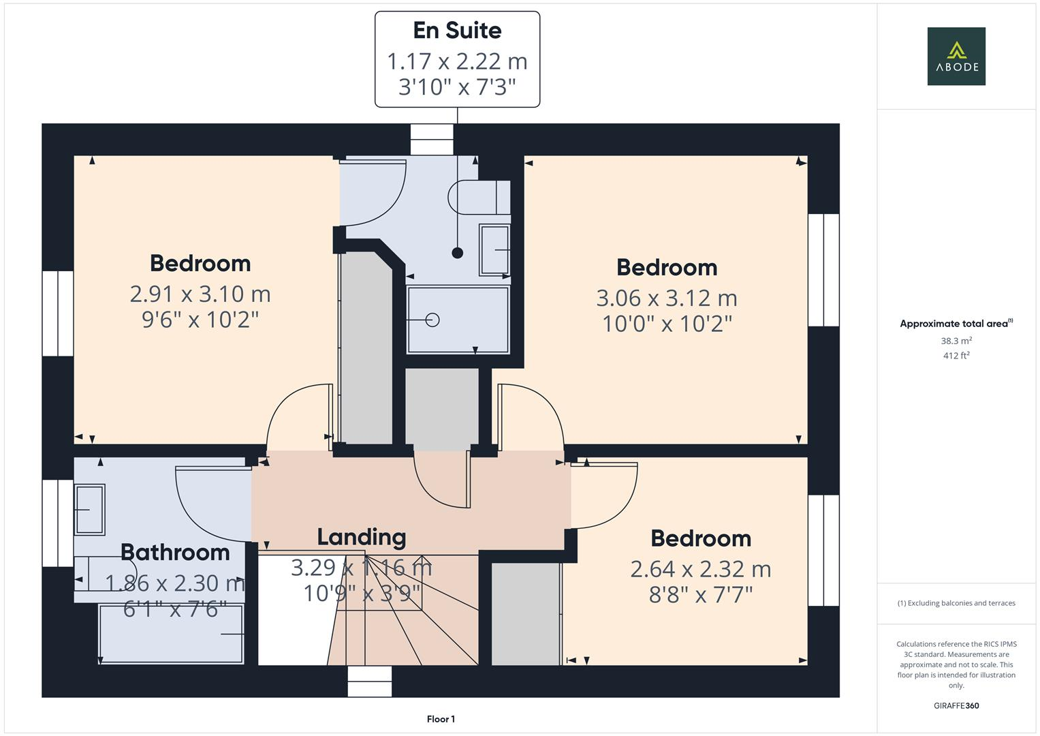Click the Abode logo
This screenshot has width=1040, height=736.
point(956,56)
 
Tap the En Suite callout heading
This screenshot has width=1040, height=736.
point(457,31)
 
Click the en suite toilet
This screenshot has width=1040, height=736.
point(479,198)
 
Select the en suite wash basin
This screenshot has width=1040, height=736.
point(494,249)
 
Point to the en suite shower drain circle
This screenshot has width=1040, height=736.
point(432,320)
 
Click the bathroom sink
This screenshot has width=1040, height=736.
point(89,509)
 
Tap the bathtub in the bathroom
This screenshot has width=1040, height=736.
point(172,634)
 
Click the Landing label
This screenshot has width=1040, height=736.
point(361,537)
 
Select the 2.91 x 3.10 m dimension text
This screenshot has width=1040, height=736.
point(200,294)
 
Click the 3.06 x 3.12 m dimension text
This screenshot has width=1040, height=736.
point(667,298)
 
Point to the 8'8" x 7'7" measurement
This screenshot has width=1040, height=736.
point(700,595)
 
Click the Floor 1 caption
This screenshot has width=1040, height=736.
point(441,719)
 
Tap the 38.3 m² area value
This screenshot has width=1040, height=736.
point(956,341)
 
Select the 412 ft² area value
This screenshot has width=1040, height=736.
point(956,356)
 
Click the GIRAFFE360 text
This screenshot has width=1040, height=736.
point(956,706)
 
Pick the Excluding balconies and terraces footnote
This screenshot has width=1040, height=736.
point(956,603)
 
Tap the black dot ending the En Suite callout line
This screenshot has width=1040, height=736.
point(458,253)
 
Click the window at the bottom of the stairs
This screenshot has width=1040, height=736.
point(370,681)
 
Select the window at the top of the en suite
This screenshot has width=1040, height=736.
point(432,140)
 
